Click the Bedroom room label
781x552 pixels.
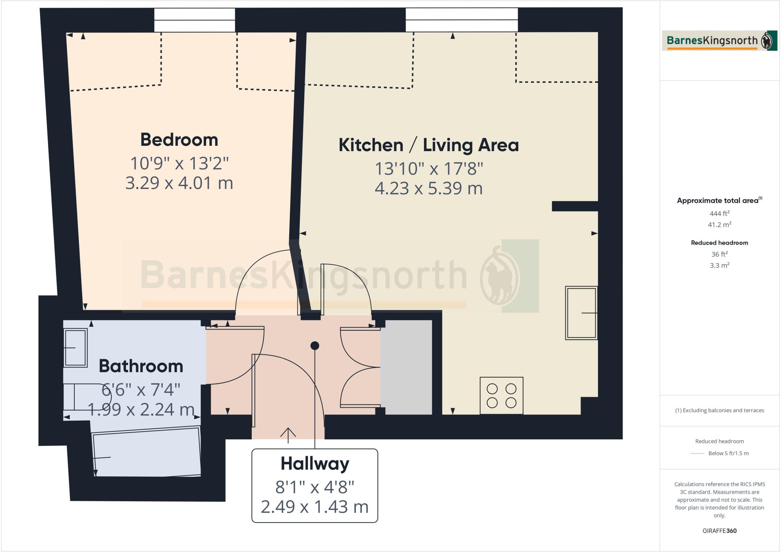pos(179,140)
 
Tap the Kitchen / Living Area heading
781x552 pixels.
pos(429,145)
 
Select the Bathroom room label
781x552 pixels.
pos(141,366)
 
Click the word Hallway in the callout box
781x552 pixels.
pos(315,464)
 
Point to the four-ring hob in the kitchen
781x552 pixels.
pos(501,396)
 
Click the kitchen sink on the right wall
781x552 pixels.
pos(581,313)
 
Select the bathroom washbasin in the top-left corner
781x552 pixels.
pos(76,348)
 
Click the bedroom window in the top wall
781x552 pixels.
pos(194,20)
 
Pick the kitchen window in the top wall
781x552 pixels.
pos(461,20)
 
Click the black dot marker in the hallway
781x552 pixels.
pos(315,346)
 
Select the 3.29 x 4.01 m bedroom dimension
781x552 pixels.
pos(179,183)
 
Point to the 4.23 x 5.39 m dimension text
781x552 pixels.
pos(429,189)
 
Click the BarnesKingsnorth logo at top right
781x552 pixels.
pos(719,40)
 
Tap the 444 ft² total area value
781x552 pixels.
pos(719,214)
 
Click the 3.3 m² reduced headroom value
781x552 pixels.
pos(719,265)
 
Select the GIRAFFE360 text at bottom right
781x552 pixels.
pos(719,531)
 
